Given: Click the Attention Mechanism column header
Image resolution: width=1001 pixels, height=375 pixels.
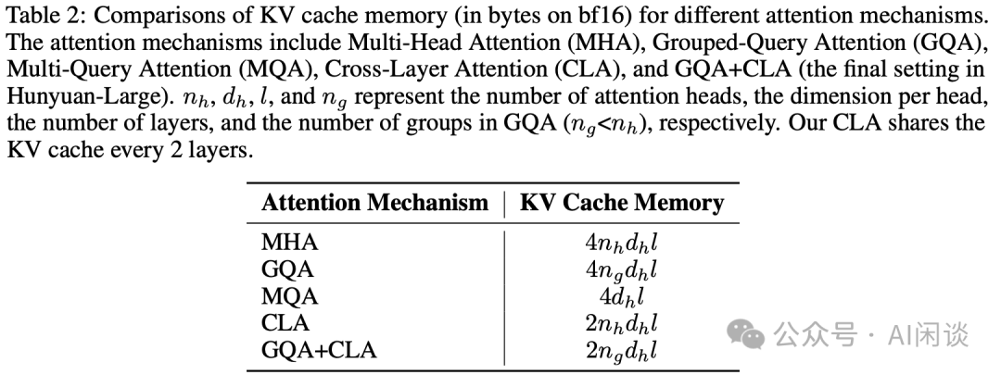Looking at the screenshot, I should [374, 203].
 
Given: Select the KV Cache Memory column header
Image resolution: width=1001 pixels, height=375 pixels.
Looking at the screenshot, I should [622, 203].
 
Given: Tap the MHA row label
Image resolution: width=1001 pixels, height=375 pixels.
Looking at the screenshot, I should [289, 243].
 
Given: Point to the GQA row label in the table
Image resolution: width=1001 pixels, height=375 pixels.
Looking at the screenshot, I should [287, 269].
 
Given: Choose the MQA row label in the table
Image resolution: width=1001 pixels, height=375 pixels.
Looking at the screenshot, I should [289, 296].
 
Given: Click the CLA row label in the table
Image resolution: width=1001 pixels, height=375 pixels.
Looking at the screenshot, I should [285, 323].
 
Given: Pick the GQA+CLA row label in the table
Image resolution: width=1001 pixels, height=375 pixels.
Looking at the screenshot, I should [320, 350].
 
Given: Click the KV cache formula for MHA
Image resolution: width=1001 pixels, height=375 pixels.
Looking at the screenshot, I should [622, 244].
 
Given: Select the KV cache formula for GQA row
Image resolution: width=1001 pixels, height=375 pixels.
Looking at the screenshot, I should [622, 270].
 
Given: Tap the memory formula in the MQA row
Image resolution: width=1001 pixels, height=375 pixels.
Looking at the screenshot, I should [622, 297].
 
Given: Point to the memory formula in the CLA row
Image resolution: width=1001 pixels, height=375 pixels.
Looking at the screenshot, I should [622, 324].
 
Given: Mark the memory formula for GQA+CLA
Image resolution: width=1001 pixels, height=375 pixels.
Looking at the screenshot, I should [622, 351].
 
